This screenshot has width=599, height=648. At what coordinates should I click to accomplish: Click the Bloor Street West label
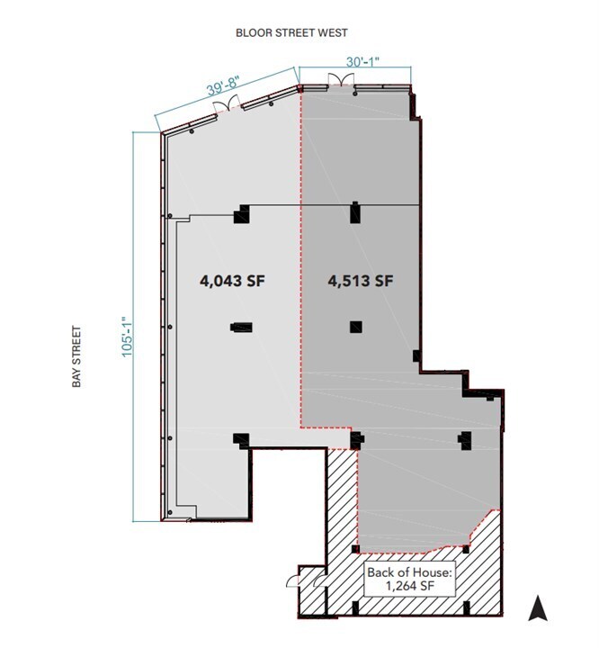pyautogui.click(x=291, y=32)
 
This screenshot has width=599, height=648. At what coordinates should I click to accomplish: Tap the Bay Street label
pyautogui.click(x=78, y=356)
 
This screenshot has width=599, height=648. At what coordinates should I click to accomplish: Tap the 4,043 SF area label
pyautogui.click(x=234, y=281)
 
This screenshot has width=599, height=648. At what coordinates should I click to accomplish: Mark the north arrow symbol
pyautogui.click(x=538, y=609)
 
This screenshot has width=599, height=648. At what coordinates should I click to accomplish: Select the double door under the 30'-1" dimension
pyautogui.click(x=341, y=82)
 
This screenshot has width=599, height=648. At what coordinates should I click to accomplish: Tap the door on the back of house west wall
pyautogui.click(x=293, y=580)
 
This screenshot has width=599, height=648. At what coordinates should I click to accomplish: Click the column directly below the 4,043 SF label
pyautogui.click(x=241, y=328)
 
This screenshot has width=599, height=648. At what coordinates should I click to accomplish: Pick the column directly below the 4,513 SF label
pyautogui.click(x=356, y=328)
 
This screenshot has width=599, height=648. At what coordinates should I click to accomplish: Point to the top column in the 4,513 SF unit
pyautogui.click(x=355, y=213)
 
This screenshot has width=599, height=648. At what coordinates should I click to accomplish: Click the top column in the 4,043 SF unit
pyautogui.click(x=240, y=215)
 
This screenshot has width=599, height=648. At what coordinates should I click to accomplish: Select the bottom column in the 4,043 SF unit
pyautogui.click(x=240, y=440)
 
